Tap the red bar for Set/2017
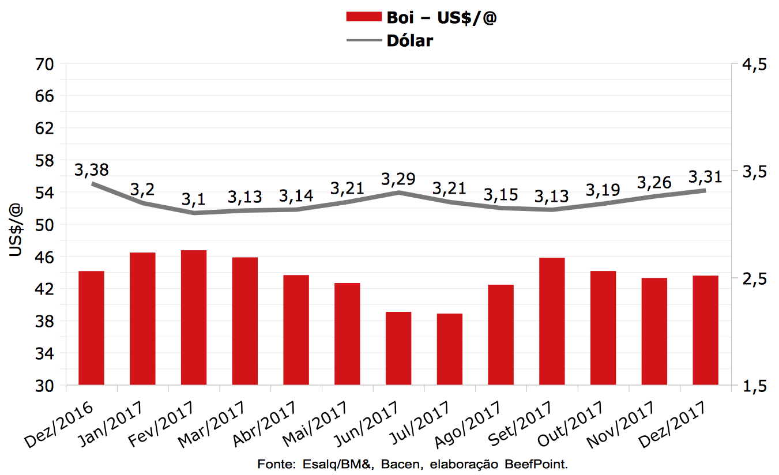[x=552, y=321]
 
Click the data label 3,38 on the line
[x=92, y=170]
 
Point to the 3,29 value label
[x=398, y=179]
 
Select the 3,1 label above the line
[x=194, y=199]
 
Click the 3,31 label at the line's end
[x=705, y=176]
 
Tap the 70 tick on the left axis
[x=44, y=65]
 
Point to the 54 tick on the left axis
[x=44, y=193]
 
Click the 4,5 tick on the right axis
[x=750, y=65]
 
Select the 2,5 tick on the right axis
[x=750, y=278]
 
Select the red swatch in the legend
[x=363, y=17]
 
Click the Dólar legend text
[x=410, y=40]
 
